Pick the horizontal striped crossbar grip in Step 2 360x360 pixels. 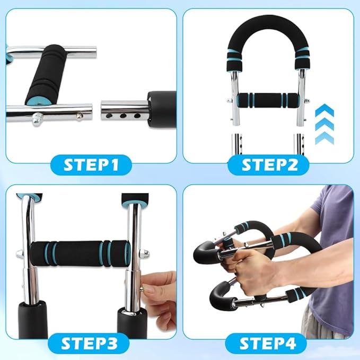coord(268,100)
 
